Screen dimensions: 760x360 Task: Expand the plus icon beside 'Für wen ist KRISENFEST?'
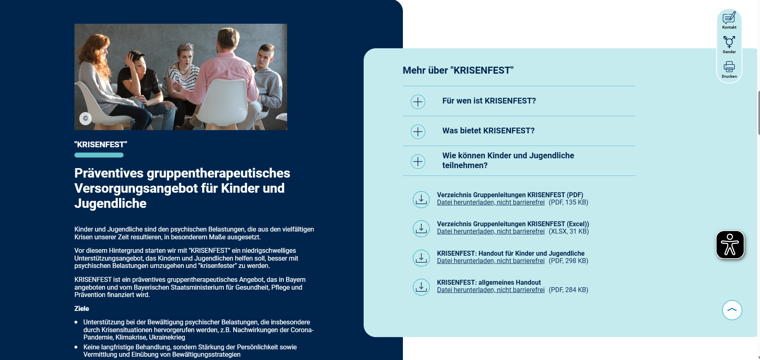[418, 101]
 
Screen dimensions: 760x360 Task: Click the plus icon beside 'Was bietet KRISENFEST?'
[418, 131]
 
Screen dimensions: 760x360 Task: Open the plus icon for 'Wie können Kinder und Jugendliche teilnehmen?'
[418, 161]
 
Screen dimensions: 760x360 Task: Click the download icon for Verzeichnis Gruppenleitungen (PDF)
[421, 199]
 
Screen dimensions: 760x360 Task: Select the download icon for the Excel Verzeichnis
[421, 228]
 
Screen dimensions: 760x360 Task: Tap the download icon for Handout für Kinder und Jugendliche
[421, 258]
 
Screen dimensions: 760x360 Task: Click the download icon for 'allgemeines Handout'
[421, 287]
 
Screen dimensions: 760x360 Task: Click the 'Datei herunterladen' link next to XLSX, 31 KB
[490, 232]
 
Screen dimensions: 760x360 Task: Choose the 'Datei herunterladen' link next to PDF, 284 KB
[490, 290]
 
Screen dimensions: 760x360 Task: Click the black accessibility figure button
[730, 245]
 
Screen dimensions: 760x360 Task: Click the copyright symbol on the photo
[85, 119]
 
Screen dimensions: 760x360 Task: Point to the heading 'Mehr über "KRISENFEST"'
[458, 70]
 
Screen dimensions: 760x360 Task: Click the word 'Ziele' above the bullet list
[82, 309]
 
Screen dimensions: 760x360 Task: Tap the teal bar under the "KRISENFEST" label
[99, 155]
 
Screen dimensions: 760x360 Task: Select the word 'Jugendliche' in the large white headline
[110, 204]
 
